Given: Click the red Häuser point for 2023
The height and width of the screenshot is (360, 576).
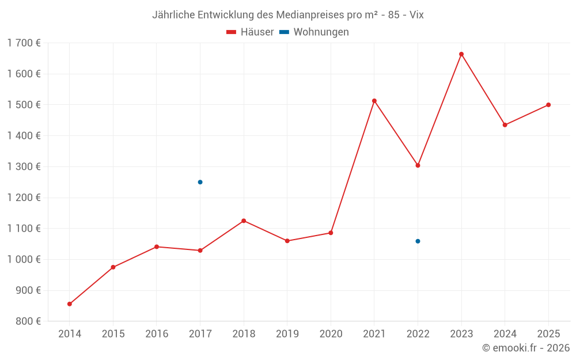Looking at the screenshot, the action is (461, 54).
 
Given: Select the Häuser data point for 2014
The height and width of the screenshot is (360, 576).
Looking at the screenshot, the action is (70, 304).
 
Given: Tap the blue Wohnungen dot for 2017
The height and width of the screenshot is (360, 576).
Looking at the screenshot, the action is (200, 182).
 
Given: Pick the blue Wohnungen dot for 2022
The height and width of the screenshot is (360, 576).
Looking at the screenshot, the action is (418, 241).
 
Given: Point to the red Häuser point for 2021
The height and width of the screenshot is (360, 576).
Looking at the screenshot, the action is (374, 101).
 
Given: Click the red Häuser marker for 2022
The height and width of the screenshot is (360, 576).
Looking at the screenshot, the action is (418, 166).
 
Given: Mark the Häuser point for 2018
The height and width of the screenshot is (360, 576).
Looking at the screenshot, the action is (244, 221).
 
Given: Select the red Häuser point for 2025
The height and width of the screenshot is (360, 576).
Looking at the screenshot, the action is (548, 105).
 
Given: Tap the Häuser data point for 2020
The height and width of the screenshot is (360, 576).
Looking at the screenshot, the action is (331, 233).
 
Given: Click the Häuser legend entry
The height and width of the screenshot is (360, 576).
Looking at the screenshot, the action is (250, 32).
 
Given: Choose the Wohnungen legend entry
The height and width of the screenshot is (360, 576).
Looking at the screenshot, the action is (314, 32).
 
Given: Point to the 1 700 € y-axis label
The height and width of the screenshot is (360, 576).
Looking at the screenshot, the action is (24, 43).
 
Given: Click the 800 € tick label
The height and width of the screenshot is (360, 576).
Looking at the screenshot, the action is (28, 321).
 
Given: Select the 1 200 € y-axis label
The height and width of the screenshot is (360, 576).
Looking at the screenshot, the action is (24, 198).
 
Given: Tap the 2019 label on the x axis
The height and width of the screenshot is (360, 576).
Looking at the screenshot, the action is (287, 334).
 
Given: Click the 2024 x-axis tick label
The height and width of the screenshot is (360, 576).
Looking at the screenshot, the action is (505, 334).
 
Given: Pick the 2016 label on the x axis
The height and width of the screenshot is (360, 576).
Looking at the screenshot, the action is (157, 334).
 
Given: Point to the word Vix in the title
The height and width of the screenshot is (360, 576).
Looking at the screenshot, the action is (416, 15).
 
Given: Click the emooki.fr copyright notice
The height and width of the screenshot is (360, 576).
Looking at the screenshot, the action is (526, 348).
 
